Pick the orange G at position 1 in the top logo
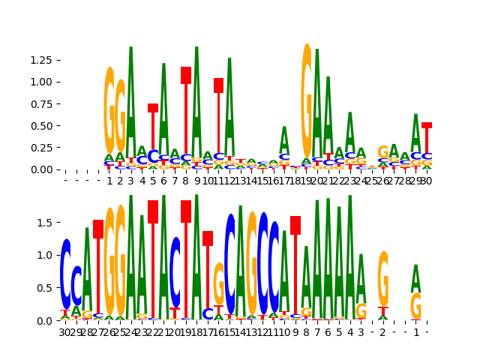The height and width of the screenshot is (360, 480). pyautogui.click(x=109, y=111)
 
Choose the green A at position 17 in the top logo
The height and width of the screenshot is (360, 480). pyautogui.click(x=284, y=139)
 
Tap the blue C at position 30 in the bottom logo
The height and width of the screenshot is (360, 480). pyautogui.click(x=66, y=274)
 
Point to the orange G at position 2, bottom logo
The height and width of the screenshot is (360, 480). pyautogui.click(x=383, y=278)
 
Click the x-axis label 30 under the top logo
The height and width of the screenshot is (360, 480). pyautogui.click(x=427, y=181)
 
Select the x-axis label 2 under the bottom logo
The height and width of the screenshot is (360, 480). pyautogui.click(x=383, y=331)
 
